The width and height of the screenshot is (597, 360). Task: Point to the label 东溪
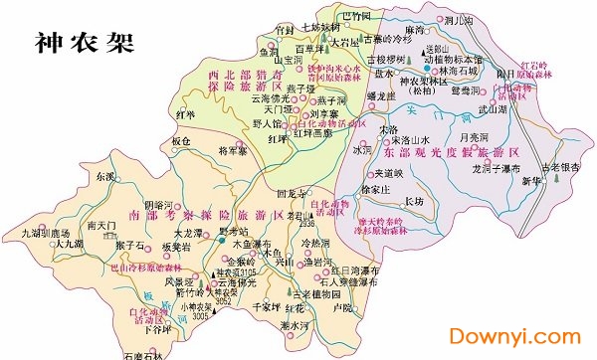pos(105,176)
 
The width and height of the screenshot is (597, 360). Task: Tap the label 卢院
pos(342,308)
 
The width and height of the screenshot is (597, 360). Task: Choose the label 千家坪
pos(265,306)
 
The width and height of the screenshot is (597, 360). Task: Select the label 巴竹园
pos(355,17)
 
